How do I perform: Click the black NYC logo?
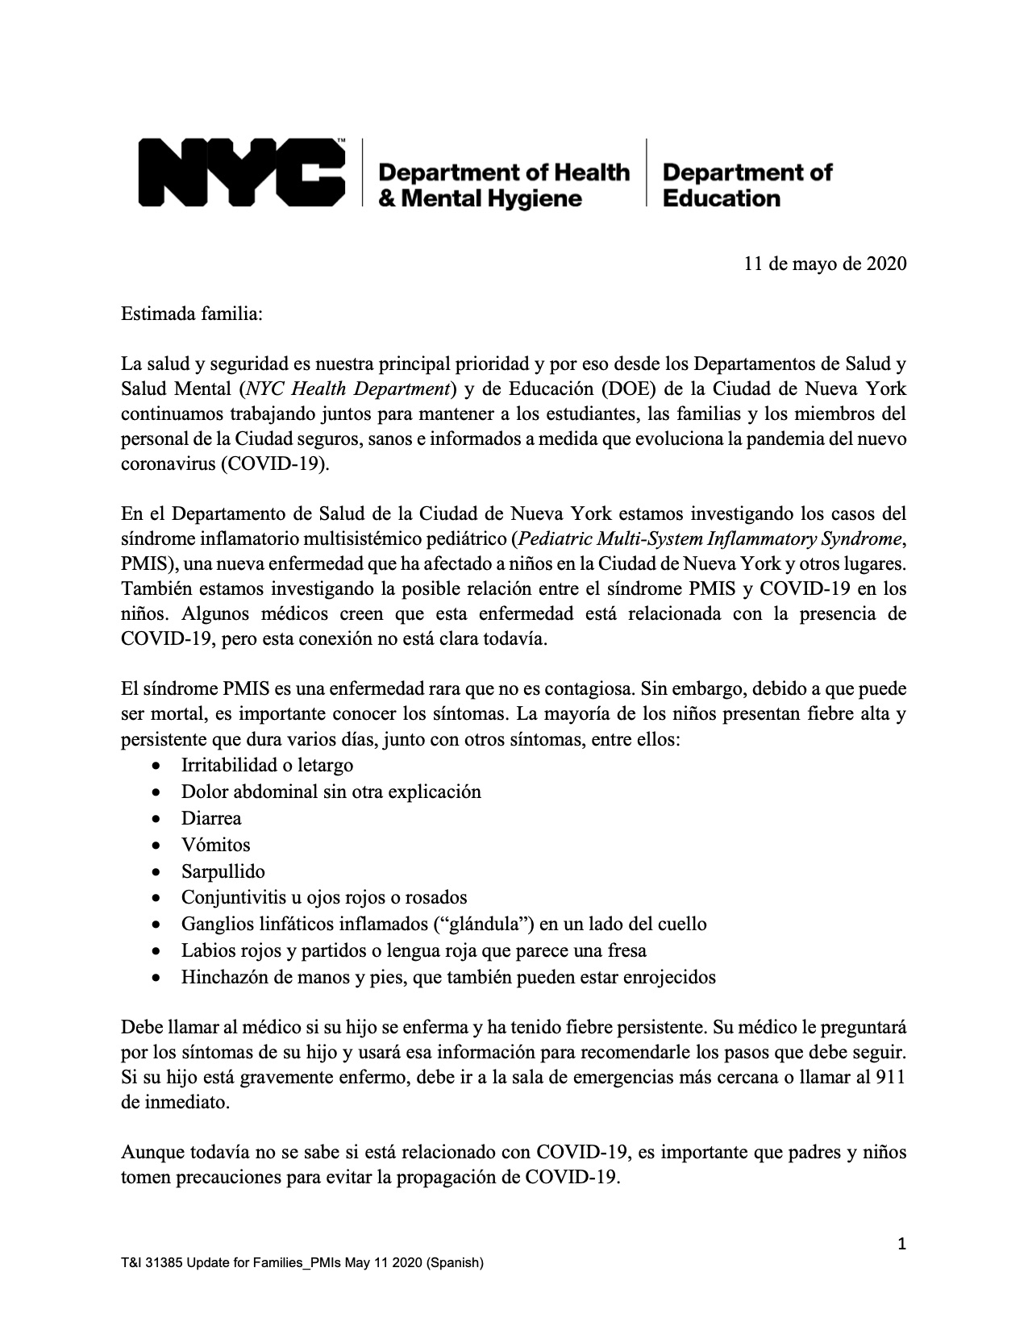(x=242, y=172)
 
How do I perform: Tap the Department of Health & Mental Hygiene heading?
(x=503, y=185)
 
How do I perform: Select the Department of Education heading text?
(x=747, y=185)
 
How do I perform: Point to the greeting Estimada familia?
(x=192, y=314)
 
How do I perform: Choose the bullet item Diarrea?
(x=211, y=818)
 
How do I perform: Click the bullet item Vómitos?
(x=216, y=845)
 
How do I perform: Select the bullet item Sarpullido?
(x=223, y=871)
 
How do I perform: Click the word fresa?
(x=624, y=950)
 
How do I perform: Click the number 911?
(x=889, y=1078)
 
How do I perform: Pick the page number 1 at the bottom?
(x=902, y=1245)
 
